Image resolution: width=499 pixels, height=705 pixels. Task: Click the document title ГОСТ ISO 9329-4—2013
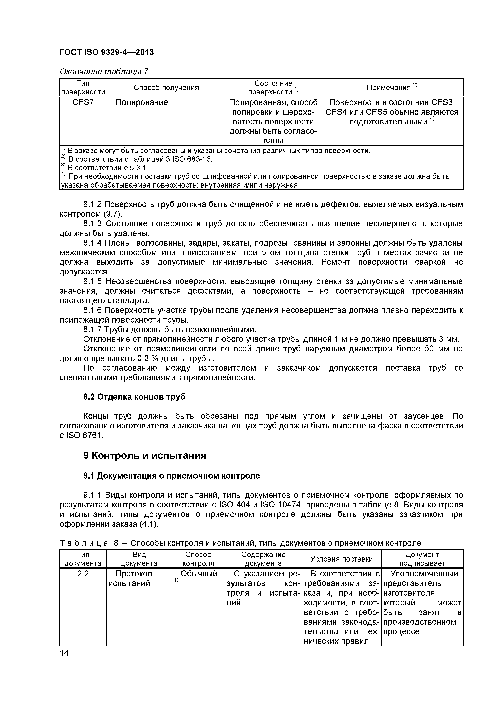tap(106, 52)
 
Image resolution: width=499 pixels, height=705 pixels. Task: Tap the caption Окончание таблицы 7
tap(104, 72)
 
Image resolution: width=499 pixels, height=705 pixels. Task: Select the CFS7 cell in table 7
tap(83, 102)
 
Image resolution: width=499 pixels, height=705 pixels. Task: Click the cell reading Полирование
tap(142, 102)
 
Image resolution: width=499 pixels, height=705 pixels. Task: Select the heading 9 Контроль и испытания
tap(144, 455)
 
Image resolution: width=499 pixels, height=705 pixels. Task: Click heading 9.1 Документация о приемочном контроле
tap(171, 476)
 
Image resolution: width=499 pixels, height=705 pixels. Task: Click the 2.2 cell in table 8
tap(83, 573)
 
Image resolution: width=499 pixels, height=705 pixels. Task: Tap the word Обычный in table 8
tap(199, 573)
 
